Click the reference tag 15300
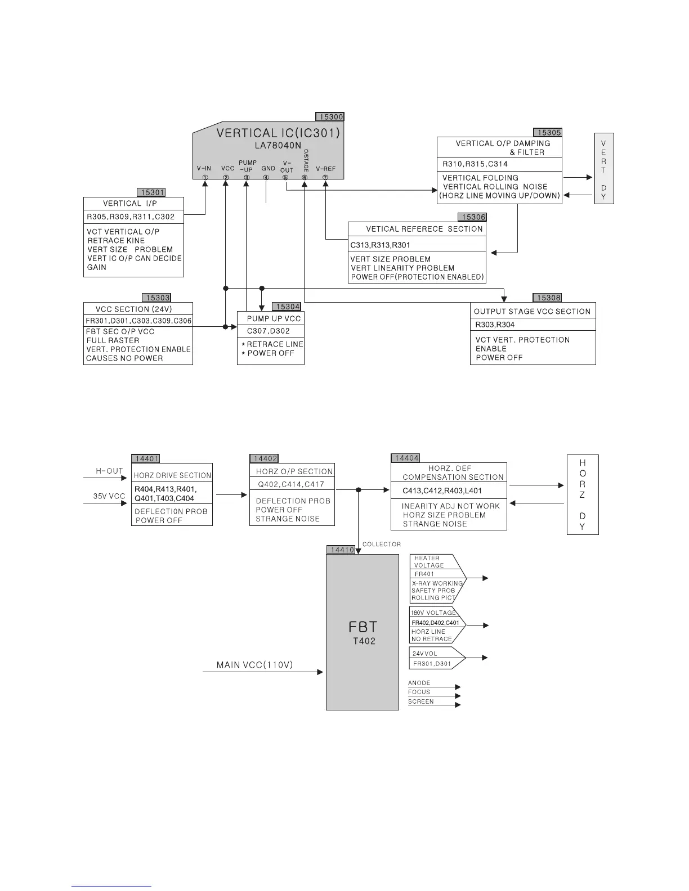pos(329,117)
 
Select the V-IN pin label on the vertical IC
pos(204,168)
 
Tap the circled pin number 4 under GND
pos(266,178)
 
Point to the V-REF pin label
pos(325,168)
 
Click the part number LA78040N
pos(278,145)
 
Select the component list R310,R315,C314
pos(475,164)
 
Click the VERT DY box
pos(603,169)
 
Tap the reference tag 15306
pos(473,217)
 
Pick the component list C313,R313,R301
pos(380,245)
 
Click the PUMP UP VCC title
pos(274,318)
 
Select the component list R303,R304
pos(495,325)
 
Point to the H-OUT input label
pos(109,471)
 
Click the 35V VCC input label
pos(109,497)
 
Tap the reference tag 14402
pos(265,458)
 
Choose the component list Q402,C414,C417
pos(291,484)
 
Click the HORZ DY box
pos(582,494)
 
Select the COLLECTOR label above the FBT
pos(382,544)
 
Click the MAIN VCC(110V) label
pos(254,665)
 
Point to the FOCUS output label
pos(419,692)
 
